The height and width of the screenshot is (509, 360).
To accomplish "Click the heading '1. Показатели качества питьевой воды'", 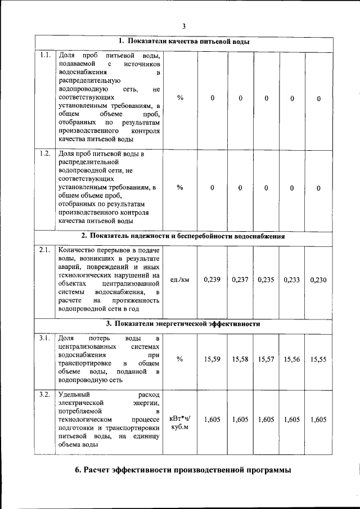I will point(184,42).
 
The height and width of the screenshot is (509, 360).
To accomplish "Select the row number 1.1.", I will point(46,55).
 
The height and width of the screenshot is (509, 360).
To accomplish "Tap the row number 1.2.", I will point(46,153).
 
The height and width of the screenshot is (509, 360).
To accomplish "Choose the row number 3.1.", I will point(46,338).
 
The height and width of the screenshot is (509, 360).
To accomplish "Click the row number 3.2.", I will point(46,394).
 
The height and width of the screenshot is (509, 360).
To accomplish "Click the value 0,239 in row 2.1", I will point(211,280).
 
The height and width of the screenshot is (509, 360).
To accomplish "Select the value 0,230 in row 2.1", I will point(318,280).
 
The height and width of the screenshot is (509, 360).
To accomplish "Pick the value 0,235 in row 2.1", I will point(266,280).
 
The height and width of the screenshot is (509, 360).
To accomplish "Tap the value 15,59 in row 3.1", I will point(211,359).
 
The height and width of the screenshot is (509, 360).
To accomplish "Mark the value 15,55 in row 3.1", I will point(318,359).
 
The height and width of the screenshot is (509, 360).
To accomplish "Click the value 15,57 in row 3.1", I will point(266,359).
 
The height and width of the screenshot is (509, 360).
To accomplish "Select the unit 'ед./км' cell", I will point(180,280).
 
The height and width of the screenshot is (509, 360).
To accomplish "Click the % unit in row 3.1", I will point(180,359).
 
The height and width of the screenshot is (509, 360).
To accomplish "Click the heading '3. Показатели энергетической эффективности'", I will point(183,324).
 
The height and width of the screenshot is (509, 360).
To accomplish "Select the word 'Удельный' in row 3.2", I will point(73,394).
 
